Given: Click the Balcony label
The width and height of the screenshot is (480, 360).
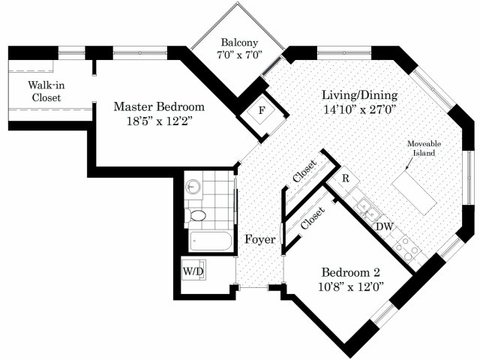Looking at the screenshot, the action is pyautogui.click(x=239, y=42).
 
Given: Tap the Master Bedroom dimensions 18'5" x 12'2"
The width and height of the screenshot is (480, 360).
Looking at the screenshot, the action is pyautogui.click(x=159, y=121).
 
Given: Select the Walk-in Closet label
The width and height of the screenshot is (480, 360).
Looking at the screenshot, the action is pyautogui.click(x=46, y=91).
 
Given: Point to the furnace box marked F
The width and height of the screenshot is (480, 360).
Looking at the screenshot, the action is pyautogui.click(x=261, y=110).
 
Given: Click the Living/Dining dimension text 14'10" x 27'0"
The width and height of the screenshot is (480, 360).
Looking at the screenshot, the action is pyautogui.click(x=360, y=109).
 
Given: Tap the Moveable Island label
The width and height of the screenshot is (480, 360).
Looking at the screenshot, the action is pyautogui.click(x=424, y=148).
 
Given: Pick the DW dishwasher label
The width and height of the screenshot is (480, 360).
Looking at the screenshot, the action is pyautogui.click(x=385, y=226).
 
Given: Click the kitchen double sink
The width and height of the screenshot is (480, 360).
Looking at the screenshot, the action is pyautogui.click(x=367, y=208).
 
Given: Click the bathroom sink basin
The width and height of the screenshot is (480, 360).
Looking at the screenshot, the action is pyautogui.click(x=193, y=186).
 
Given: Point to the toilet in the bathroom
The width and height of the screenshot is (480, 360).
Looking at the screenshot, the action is pyautogui.click(x=195, y=215).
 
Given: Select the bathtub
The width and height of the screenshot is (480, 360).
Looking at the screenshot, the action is pyautogui.click(x=211, y=241).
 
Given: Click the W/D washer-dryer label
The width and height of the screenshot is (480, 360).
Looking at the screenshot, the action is pyautogui.click(x=193, y=271).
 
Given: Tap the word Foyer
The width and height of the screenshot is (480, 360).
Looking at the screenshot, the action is pyautogui.click(x=260, y=239).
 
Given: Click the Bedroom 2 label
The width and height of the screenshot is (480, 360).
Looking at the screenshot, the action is pyautogui.click(x=351, y=272).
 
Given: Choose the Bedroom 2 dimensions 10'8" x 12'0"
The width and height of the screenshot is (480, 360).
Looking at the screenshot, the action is pyautogui.click(x=351, y=287).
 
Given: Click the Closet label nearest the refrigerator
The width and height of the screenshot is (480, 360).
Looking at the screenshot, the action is pyautogui.click(x=304, y=171).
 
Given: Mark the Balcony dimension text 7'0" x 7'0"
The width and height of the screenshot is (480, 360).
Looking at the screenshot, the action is pyautogui.click(x=240, y=55).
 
